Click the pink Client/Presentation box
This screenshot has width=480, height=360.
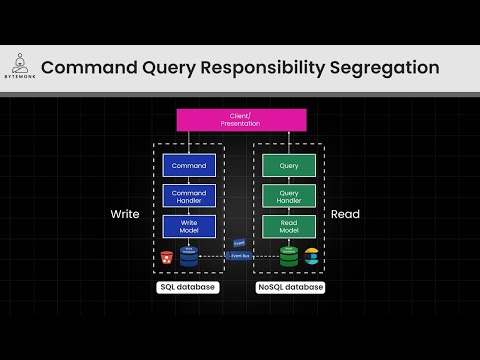[241, 119]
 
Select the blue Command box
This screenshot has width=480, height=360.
[189, 165]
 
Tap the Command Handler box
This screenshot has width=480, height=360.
[189, 195]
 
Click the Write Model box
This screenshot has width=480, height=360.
[189, 226]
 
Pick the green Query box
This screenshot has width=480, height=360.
[289, 165]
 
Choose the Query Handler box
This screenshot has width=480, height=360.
[289, 195]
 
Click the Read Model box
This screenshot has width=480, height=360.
[289, 226]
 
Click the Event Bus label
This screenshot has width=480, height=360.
[240, 256]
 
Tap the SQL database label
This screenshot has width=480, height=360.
[189, 287]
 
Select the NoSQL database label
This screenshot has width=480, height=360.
[290, 287]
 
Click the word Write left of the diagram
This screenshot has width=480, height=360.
[124, 215]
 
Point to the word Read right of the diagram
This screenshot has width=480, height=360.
[345, 215]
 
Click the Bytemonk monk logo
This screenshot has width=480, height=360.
[19, 61]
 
